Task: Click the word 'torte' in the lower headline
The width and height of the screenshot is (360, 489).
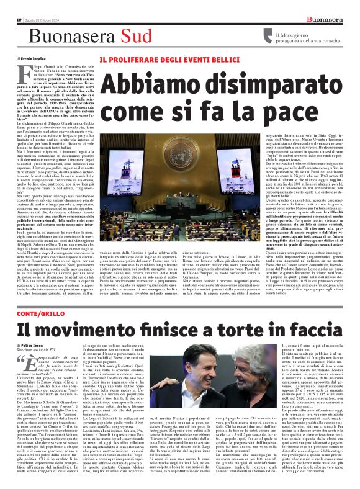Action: pyautogui.click(x=235, y=330)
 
